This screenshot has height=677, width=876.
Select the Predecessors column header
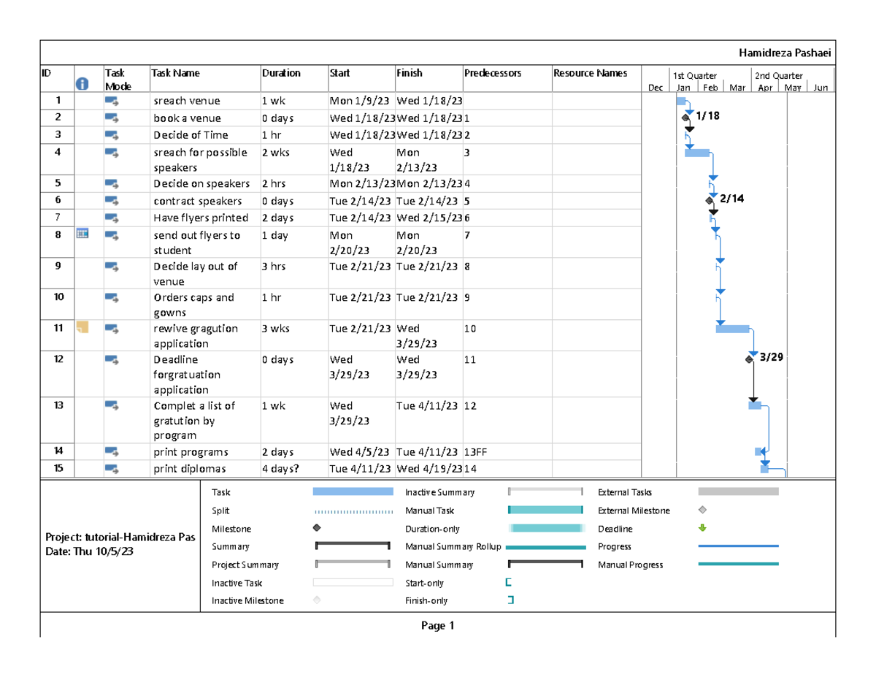[493, 73]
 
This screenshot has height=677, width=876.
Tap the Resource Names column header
[590, 73]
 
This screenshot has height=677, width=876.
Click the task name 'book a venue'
[187, 118]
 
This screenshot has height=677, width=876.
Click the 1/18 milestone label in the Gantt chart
[707, 115]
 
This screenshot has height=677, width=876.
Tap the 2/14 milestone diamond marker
[709, 200]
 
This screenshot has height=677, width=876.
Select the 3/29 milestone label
[771, 358]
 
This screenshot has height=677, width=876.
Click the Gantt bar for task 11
[732, 328]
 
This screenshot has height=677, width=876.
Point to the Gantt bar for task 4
[696, 152]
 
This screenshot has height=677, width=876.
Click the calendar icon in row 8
[82, 234]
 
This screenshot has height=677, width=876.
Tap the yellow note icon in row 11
[82, 326]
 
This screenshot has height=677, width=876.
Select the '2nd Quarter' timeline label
[779, 76]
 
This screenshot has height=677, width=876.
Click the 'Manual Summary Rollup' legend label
[453, 547]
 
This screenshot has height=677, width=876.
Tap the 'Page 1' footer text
[437, 626]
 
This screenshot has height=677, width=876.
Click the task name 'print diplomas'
[189, 469]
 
